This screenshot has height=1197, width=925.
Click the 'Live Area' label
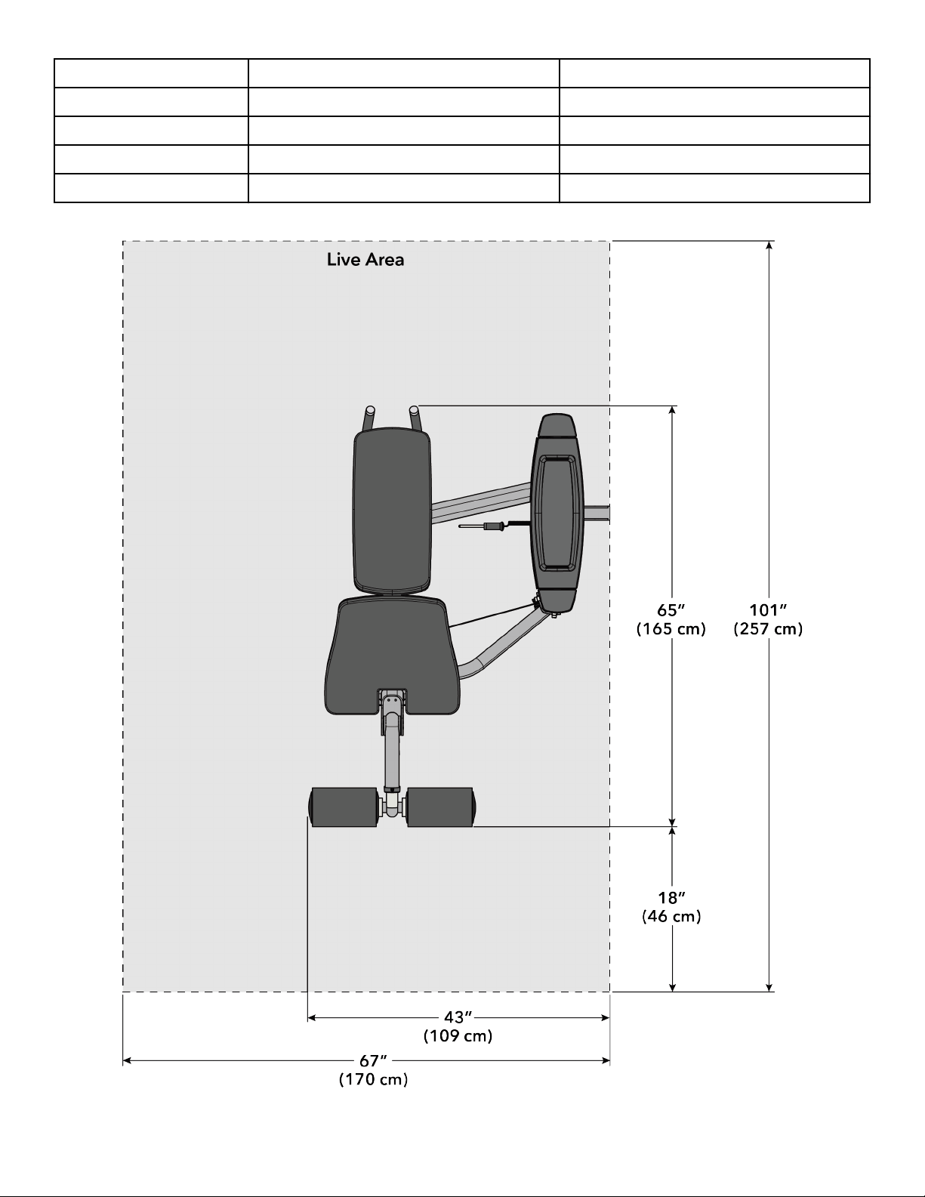tap(365, 260)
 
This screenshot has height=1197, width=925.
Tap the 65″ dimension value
tap(671, 609)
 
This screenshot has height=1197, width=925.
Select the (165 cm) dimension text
tap(671, 628)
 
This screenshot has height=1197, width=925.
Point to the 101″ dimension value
tap(768, 609)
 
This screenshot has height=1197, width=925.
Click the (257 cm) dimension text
tap(768, 628)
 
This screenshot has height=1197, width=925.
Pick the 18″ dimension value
tap(672, 897)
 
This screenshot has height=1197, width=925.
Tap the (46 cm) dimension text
tap(672, 916)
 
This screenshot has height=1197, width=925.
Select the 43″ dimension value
tap(458, 1017)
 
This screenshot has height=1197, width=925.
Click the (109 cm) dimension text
tap(458, 1035)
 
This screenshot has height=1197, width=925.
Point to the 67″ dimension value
tap(373, 1060)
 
